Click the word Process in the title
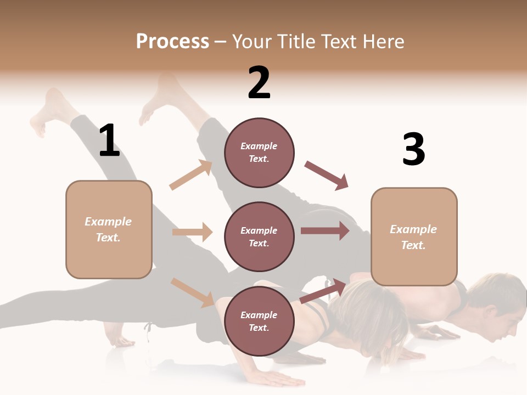(172, 42)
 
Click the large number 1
(109, 140)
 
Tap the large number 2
(259, 83)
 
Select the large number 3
(413, 150)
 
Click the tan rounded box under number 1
(109, 229)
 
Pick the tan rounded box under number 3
(414, 236)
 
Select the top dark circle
(259, 152)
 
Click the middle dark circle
(259, 236)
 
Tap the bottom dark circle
(259, 321)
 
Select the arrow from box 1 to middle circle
(192, 232)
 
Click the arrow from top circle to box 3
(326, 175)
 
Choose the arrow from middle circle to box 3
(324, 230)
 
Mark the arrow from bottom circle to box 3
(324, 291)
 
